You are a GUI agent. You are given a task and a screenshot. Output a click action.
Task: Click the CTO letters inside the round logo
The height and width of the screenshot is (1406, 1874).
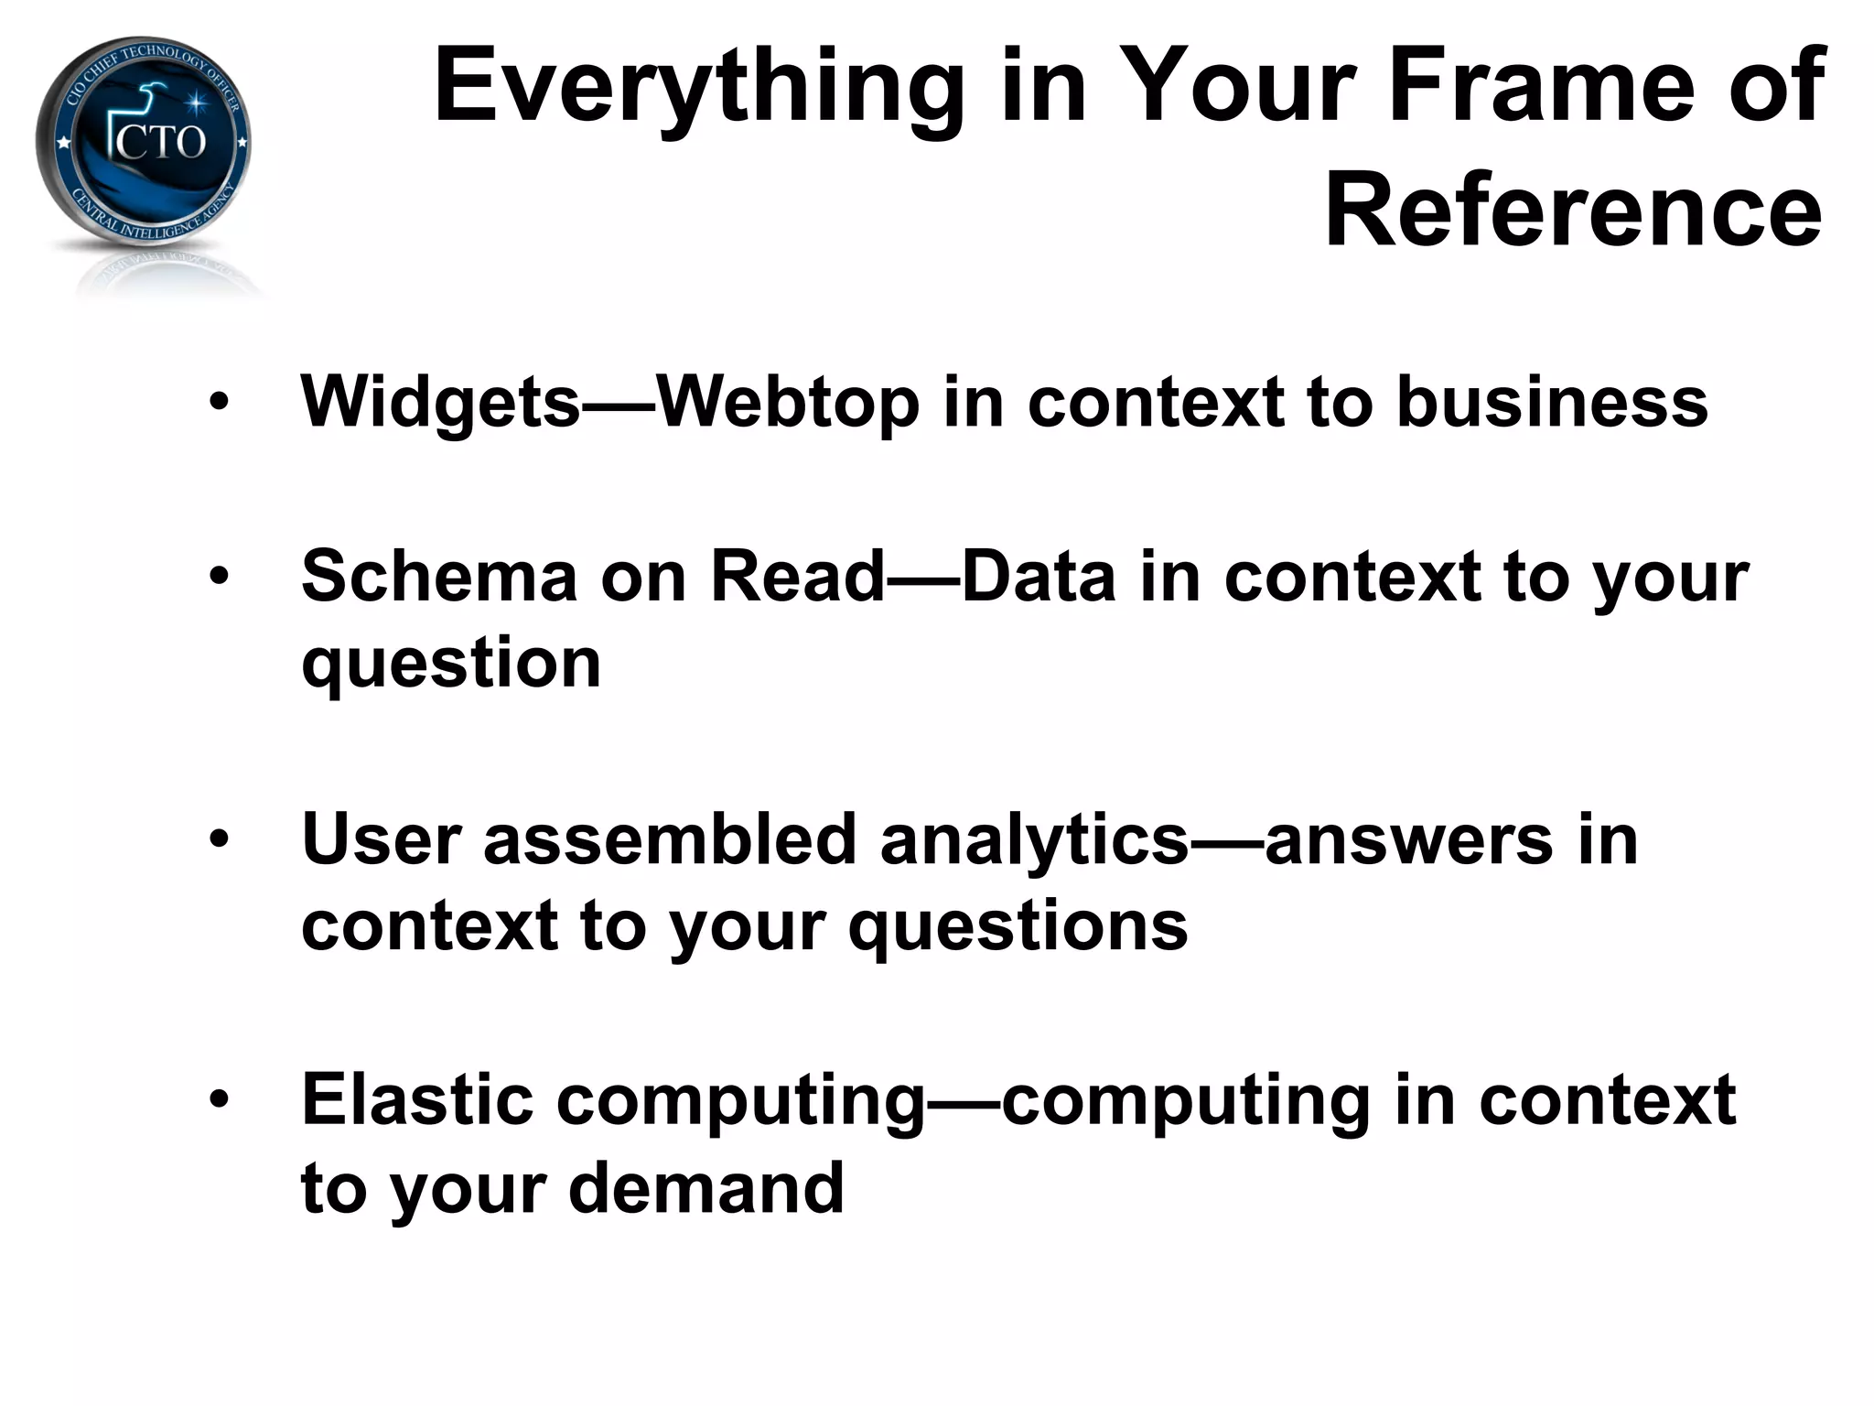(x=161, y=142)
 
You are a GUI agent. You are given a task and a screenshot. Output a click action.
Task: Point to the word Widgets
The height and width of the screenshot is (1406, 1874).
(x=440, y=403)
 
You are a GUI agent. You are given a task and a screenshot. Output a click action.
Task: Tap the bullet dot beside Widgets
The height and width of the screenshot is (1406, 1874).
(x=219, y=403)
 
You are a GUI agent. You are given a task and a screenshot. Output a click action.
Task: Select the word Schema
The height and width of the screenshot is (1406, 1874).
(x=440, y=577)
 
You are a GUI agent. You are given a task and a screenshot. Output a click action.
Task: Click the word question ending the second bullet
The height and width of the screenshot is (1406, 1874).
(x=451, y=664)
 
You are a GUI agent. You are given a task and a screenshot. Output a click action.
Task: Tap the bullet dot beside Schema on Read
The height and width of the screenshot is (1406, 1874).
(x=219, y=577)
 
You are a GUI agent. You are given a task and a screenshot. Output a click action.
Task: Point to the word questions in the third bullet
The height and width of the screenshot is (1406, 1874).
(x=1018, y=926)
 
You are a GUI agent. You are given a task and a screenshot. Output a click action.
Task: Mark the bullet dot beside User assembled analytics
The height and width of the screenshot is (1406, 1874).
(x=219, y=839)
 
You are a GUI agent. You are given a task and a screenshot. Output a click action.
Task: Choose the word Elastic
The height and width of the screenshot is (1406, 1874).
(x=417, y=1099)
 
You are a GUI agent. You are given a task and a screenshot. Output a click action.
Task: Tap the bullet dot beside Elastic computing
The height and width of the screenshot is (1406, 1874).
(x=219, y=1099)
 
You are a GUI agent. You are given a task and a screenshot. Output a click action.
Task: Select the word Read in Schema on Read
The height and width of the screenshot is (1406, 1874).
(x=797, y=577)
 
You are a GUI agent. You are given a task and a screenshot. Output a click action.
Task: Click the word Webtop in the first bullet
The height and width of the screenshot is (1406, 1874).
(x=788, y=403)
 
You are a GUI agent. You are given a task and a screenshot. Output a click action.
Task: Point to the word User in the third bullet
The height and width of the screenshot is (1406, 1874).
(x=381, y=839)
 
